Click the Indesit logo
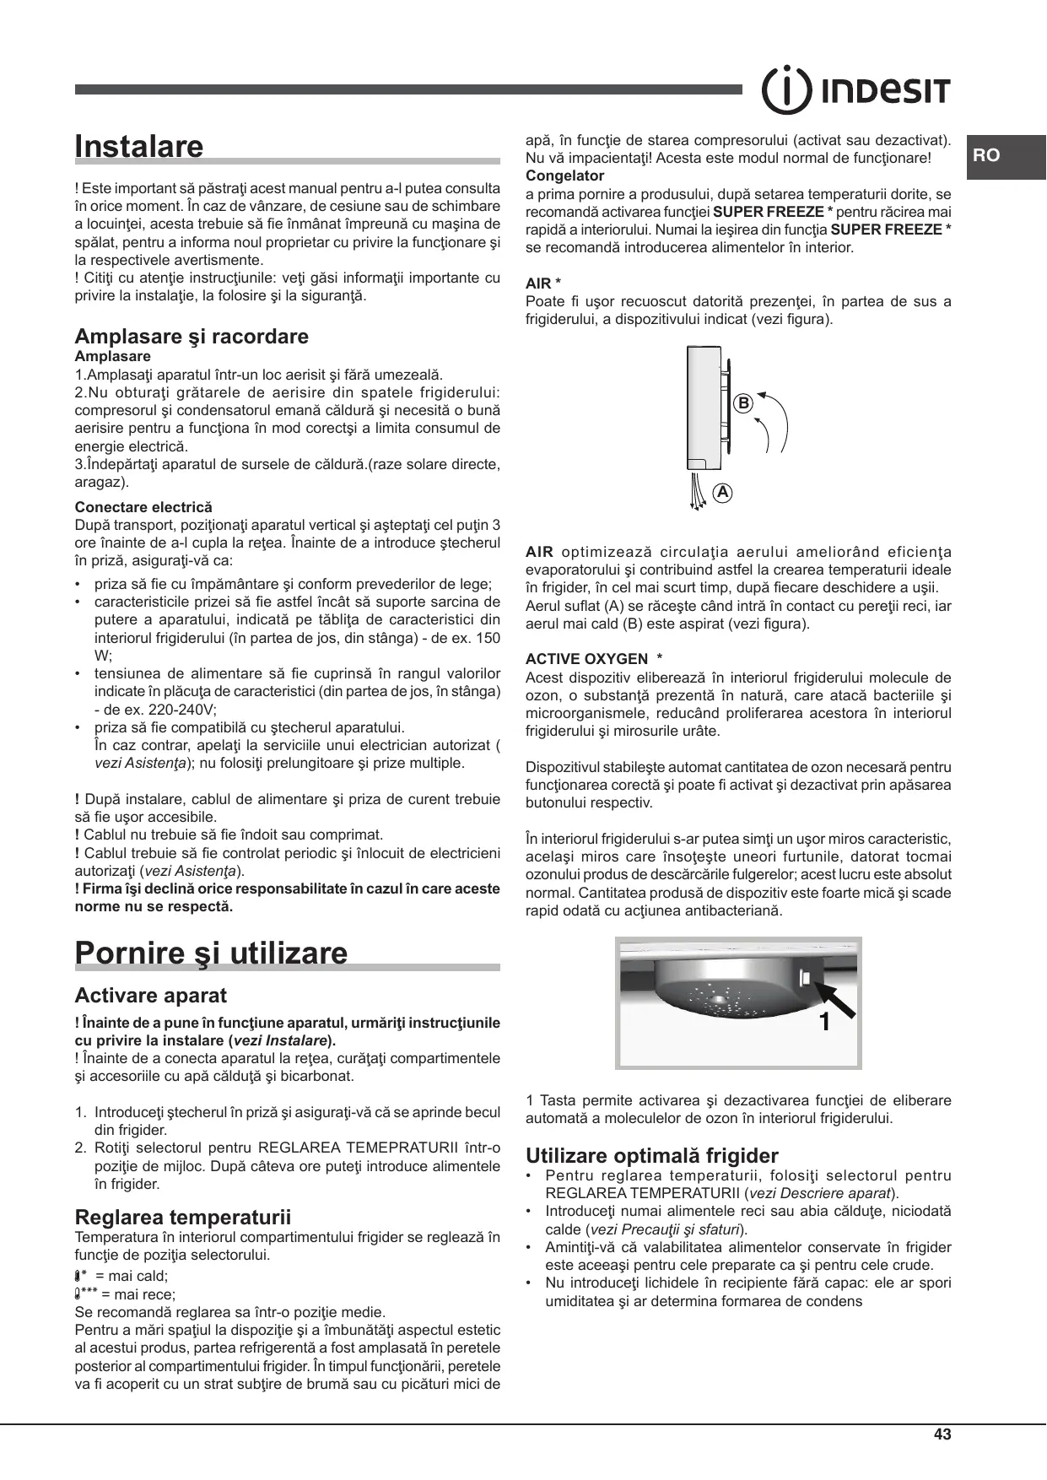(x=855, y=89)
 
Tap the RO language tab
(x=986, y=155)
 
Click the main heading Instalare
(x=139, y=146)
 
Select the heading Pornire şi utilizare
(x=211, y=953)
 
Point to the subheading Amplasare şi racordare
(x=192, y=337)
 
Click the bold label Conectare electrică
(x=143, y=507)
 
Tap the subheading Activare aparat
(x=151, y=996)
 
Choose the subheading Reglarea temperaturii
(x=183, y=1217)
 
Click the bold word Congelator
(x=564, y=176)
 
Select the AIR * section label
(x=543, y=284)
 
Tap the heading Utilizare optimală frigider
(x=652, y=1155)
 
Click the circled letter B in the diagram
(x=742, y=404)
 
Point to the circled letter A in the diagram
(x=722, y=492)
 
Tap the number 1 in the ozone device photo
(x=824, y=1023)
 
